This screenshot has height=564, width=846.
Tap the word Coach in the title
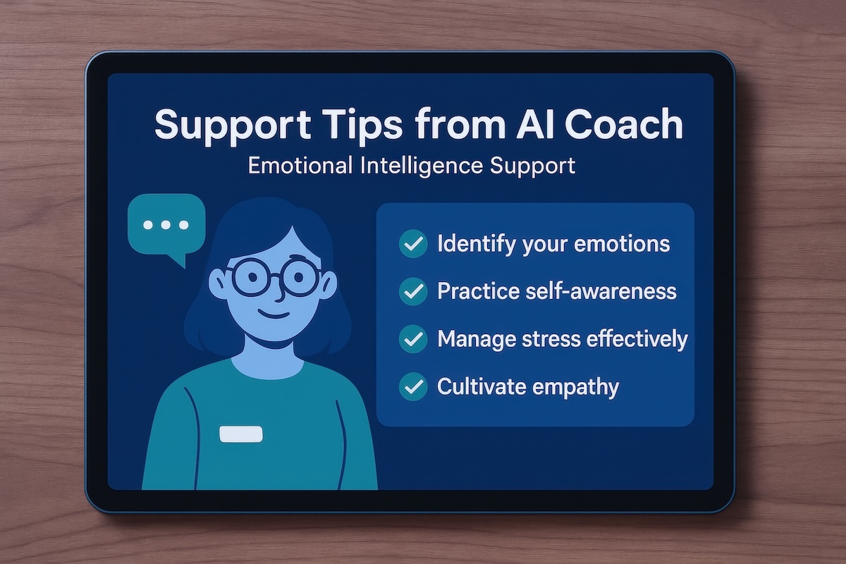[623, 124]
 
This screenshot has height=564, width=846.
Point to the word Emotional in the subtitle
[300, 166]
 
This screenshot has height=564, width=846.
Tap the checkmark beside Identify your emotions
[413, 244]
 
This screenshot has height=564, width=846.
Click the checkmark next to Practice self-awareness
[413, 291]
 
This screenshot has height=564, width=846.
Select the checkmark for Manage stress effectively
[413, 339]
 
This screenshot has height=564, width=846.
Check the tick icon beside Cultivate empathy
[413, 386]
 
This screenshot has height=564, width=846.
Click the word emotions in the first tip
[622, 244]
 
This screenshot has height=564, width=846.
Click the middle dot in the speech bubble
[166, 225]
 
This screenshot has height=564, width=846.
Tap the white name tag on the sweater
[241, 434]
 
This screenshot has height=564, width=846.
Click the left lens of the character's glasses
[251, 278]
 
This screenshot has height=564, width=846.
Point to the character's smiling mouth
[274, 314]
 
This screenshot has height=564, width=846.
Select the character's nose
[280, 292]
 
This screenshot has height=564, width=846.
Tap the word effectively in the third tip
[637, 340]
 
